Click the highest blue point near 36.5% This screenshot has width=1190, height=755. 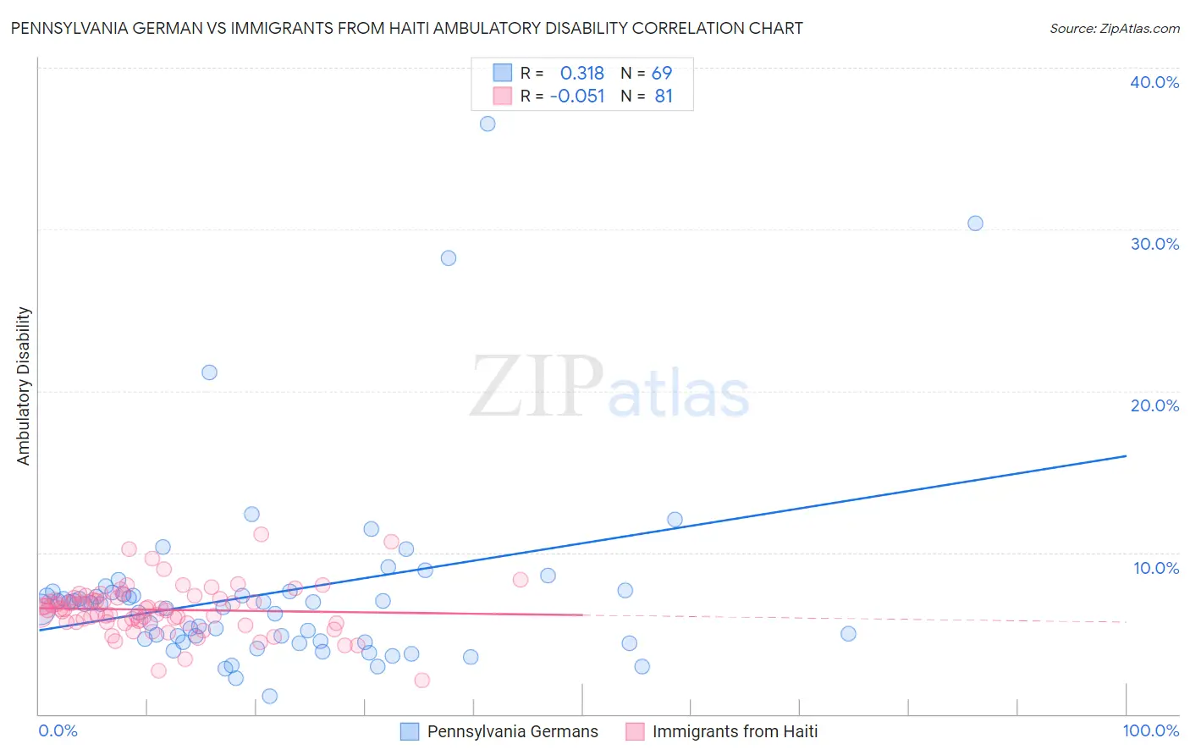point(488,124)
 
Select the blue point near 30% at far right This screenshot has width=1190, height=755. point(975,223)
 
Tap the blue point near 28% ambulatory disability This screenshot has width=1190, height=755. point(449,258)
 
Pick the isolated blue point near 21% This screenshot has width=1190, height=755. point(209,372)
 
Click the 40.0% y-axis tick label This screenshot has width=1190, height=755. point(1154,82)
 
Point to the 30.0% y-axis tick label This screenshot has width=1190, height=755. point(1154,244)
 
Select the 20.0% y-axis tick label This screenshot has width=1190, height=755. point(1154,405)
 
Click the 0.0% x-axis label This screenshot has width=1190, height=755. point(58,731)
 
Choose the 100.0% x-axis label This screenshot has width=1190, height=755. point(1150,731)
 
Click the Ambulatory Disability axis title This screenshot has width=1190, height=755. point(24,386)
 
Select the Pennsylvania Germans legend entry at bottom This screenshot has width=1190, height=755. point(512,732)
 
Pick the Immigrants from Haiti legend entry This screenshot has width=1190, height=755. point(735,732)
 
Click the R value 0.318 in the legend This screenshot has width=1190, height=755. point(582,74)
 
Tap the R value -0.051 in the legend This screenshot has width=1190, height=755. point(577,96)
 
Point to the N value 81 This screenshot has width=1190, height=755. point(664,96)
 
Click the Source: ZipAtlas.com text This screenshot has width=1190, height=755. point(1114,29)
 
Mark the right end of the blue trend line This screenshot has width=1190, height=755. point(1126,456)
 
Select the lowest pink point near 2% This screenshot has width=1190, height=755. point(421,681)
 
